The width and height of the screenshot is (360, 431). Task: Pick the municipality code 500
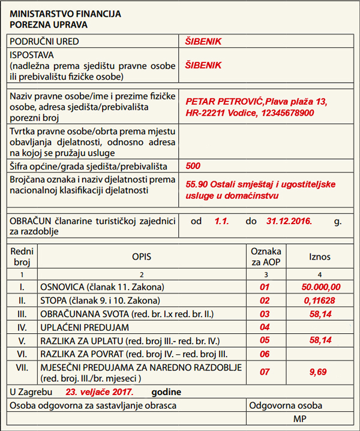[x=193, y=166]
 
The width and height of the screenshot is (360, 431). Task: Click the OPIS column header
[x=142, y=257]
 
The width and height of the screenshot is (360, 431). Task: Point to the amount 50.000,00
[x=322, y=287]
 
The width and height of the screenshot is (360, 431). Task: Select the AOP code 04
[x=264, y=327]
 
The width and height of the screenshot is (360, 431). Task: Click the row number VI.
[x=21, y=354]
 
